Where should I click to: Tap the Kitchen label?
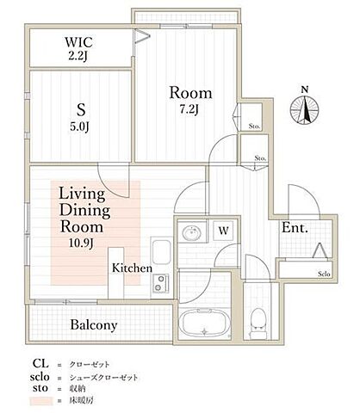pos(132,268)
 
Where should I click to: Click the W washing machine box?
pos(222,231)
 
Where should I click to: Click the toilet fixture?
pos(257,323)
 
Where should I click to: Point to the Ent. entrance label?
pos(295,229)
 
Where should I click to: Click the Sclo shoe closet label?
pos(323,274)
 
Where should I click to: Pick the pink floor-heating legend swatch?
pos(40,402)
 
